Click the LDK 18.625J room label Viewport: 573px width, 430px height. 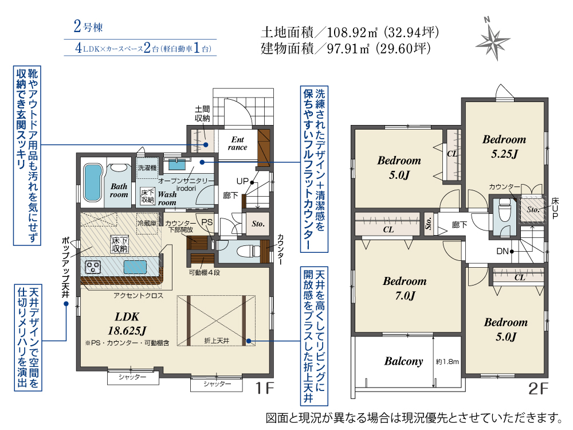[x=127, y=323]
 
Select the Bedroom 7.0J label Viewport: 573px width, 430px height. [x=405, y=288]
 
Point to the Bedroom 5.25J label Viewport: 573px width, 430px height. [x=504, y=146]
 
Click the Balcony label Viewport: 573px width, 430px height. [x=403, y=361]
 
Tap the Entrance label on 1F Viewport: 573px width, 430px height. [x=238, y=143]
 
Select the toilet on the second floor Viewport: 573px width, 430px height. [x=505, y=210]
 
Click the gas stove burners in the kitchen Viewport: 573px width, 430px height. [x=93, y=267]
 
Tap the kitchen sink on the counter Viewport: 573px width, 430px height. [x=135, y=267]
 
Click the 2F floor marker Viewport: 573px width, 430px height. [x=538, y=389]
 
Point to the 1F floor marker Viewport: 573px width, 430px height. [x=264, y=388]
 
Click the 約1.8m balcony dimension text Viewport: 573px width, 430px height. [x=448, y=362]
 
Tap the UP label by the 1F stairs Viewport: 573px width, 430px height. [x=242, y=181]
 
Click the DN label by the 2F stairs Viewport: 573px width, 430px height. [x=503, y=251]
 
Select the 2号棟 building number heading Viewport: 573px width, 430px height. [x=88, y=26]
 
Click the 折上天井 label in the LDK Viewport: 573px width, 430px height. [x=217, y=341]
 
